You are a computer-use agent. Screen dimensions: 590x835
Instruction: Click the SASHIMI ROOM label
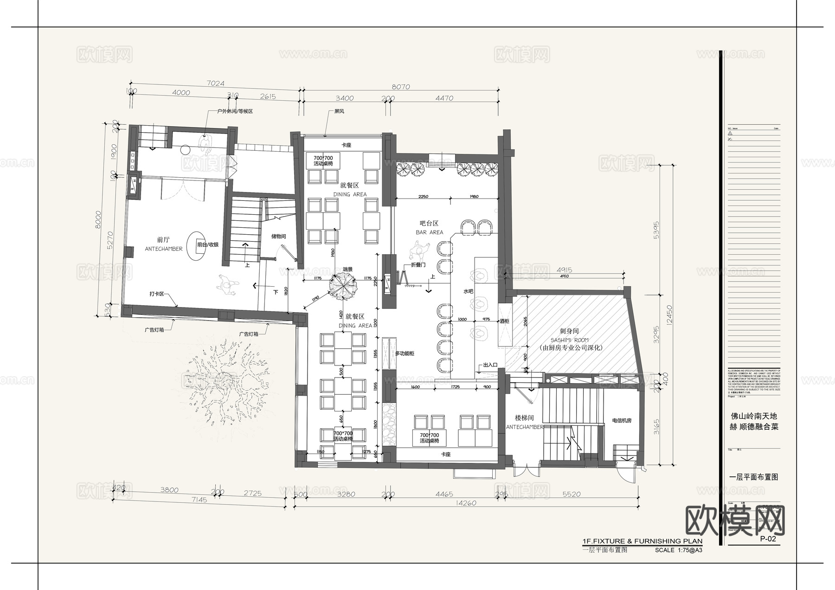pos(569,340)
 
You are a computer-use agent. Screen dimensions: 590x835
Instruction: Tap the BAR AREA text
pos(429,232)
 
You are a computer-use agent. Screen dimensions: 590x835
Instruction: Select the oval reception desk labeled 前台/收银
pos(197,244)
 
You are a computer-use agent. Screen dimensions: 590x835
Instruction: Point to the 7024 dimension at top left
pos(215,83)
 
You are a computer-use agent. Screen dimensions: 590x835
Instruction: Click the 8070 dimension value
pos(401,87)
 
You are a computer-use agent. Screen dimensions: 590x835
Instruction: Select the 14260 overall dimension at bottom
pos(466,503)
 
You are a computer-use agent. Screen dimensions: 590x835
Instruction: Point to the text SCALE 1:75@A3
pos(678,551)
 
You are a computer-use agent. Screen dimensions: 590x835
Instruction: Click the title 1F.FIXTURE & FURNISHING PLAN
pos(642,541)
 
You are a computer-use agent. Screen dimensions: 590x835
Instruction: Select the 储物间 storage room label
pos(278,237)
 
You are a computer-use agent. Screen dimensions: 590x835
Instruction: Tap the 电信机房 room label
pos(622,421)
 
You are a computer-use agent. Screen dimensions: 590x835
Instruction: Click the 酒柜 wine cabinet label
pos(504,321)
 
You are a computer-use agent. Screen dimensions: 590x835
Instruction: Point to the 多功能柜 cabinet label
pos(405,354)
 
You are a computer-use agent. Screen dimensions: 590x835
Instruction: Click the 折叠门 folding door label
pos(418,265)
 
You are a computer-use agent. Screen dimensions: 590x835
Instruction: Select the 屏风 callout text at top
pos(339,112)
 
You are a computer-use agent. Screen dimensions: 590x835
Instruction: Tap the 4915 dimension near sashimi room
pos(564,269)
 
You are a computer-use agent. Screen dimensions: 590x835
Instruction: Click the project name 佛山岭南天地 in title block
pos(754,416)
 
